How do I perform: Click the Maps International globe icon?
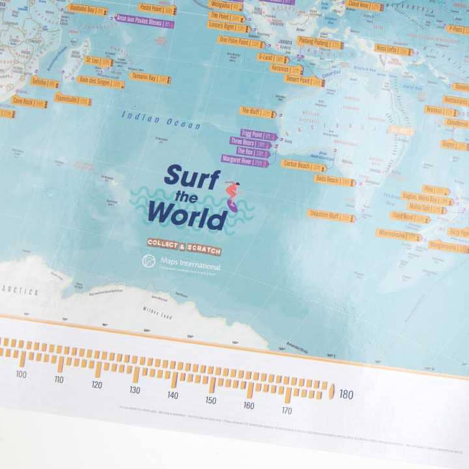click(x=149, y=261)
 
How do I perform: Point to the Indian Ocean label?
click(x=160, y=120)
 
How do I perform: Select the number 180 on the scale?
click(x=346, y=394)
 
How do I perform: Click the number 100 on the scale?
click(x=21, y=374)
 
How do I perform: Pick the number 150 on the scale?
click(x=210, y=400)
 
